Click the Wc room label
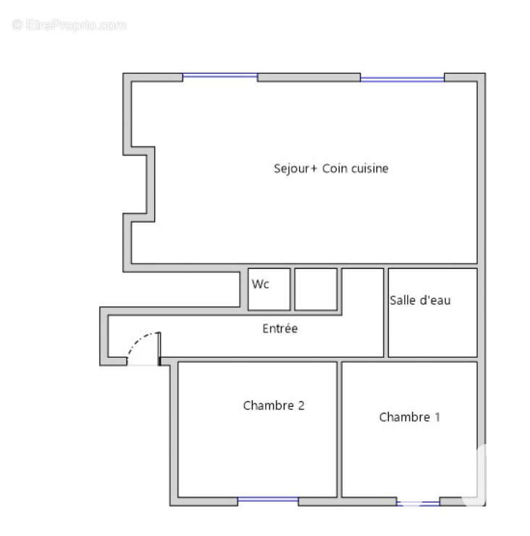click(261, 284)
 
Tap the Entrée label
click(280, 329)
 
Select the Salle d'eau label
click(421, 300)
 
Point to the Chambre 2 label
click(274, 406)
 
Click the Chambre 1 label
click(409, 417)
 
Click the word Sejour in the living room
click(292, 169)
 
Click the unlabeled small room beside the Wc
click(316, 289)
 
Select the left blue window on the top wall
click(220, 75)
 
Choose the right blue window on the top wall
click(402, 80)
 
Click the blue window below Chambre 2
click(268, 500)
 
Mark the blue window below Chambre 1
click(418, 503)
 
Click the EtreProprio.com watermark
click(69, 25)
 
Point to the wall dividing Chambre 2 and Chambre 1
click(340, 430)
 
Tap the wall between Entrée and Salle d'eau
click(386, 313)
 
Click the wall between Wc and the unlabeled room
click(293, 289)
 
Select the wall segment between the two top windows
click(309, 78)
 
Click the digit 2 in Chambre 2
click(301, 406)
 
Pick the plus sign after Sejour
click(314, 169)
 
